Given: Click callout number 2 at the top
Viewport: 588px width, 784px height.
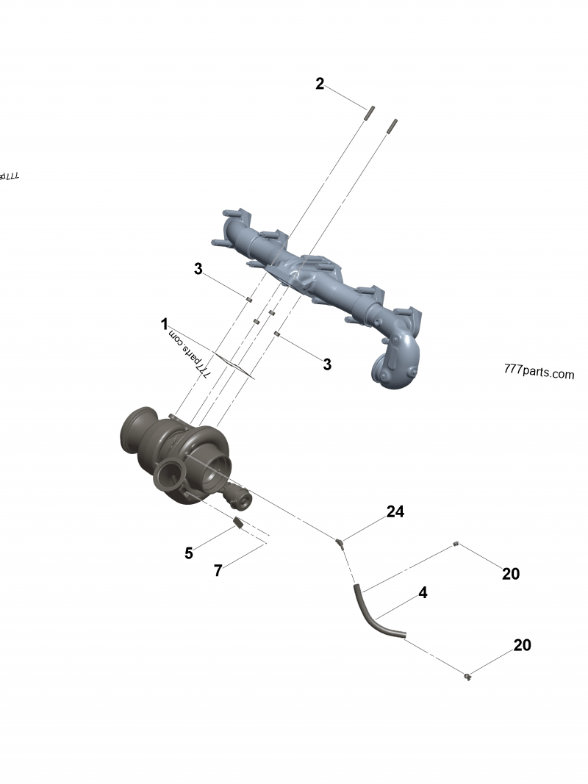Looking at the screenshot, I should (320, 84).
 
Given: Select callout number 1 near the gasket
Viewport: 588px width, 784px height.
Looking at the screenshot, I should (165, 323).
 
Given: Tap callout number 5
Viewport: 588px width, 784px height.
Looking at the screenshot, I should (189, 553).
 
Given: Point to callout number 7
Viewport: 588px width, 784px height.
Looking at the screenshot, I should (218, 570).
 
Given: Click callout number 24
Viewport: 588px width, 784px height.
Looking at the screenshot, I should (395, 511).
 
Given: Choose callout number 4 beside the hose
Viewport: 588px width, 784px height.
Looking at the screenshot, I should (423, 592).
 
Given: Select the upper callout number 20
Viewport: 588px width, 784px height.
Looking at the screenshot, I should (511, 574).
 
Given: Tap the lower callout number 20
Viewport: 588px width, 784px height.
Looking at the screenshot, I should (522, 645).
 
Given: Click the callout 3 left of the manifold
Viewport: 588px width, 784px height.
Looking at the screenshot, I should (198, 269).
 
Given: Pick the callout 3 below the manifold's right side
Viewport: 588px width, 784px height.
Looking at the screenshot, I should (327, 364).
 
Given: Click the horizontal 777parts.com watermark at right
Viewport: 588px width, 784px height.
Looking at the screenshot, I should (539, 373).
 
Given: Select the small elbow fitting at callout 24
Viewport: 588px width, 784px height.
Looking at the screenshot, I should (340, 543).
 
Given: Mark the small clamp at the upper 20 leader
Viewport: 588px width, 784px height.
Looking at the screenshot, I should (456, 544).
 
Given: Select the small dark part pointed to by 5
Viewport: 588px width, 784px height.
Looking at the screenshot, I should (237, 523).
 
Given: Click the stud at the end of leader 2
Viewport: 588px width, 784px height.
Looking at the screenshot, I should (367, 113).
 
